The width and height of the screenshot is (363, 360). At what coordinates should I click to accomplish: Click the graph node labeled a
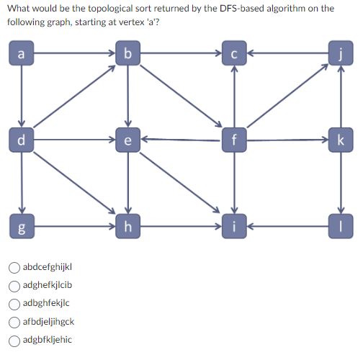21,53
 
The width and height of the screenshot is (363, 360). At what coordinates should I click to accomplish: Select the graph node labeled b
127,53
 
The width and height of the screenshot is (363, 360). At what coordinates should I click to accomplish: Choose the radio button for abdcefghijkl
14,267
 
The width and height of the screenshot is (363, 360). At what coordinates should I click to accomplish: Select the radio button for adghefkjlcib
14,285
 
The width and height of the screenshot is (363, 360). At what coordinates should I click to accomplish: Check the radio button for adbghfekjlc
14,303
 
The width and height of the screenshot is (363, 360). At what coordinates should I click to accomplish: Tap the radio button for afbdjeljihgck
14,322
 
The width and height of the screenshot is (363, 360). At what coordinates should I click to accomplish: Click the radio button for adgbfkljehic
14,340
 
